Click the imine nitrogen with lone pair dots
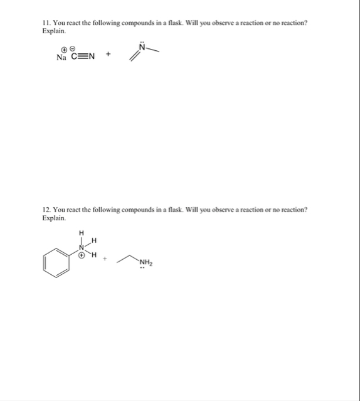pyautogui.click(x=142, y=49)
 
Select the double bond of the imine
pyautogui.click(x=134, y=56)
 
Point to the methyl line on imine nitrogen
pyautogui.click(x=152, y=51)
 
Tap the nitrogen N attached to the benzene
pyautogui.click(x=81, y=246)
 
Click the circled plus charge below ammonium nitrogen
pyautogui.click(x=82, y=255)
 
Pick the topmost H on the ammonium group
pyautogui.click(x=81, y=233)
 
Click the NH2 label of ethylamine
pyautogui.click(x=146, y=262)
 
